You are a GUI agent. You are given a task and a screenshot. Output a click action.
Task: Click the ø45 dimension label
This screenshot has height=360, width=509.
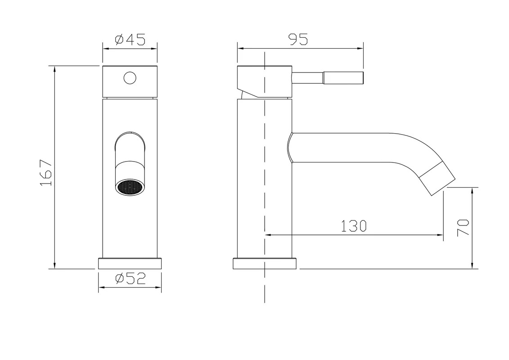tap(130, 40)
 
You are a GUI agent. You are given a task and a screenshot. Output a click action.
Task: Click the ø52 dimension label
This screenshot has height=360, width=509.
tap(131, 279)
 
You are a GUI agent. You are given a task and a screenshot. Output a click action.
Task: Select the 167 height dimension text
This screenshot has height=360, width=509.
tap(46, 172)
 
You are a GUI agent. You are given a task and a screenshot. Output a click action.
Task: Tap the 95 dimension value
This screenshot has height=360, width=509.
tap(297, 40)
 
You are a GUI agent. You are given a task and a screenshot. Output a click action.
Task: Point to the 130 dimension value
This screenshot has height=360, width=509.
tap(354, 226)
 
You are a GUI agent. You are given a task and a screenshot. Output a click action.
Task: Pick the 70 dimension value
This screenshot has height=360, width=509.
tap(463, 228)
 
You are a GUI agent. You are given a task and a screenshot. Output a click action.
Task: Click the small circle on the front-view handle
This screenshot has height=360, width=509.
tap(130, 78)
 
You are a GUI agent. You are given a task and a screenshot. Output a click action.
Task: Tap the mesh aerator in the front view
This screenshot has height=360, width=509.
tap(130, 188)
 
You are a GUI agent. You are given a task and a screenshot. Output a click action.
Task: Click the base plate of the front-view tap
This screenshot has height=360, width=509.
tap(130, 264)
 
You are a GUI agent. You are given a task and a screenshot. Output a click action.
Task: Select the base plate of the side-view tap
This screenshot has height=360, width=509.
tap(265, 264)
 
